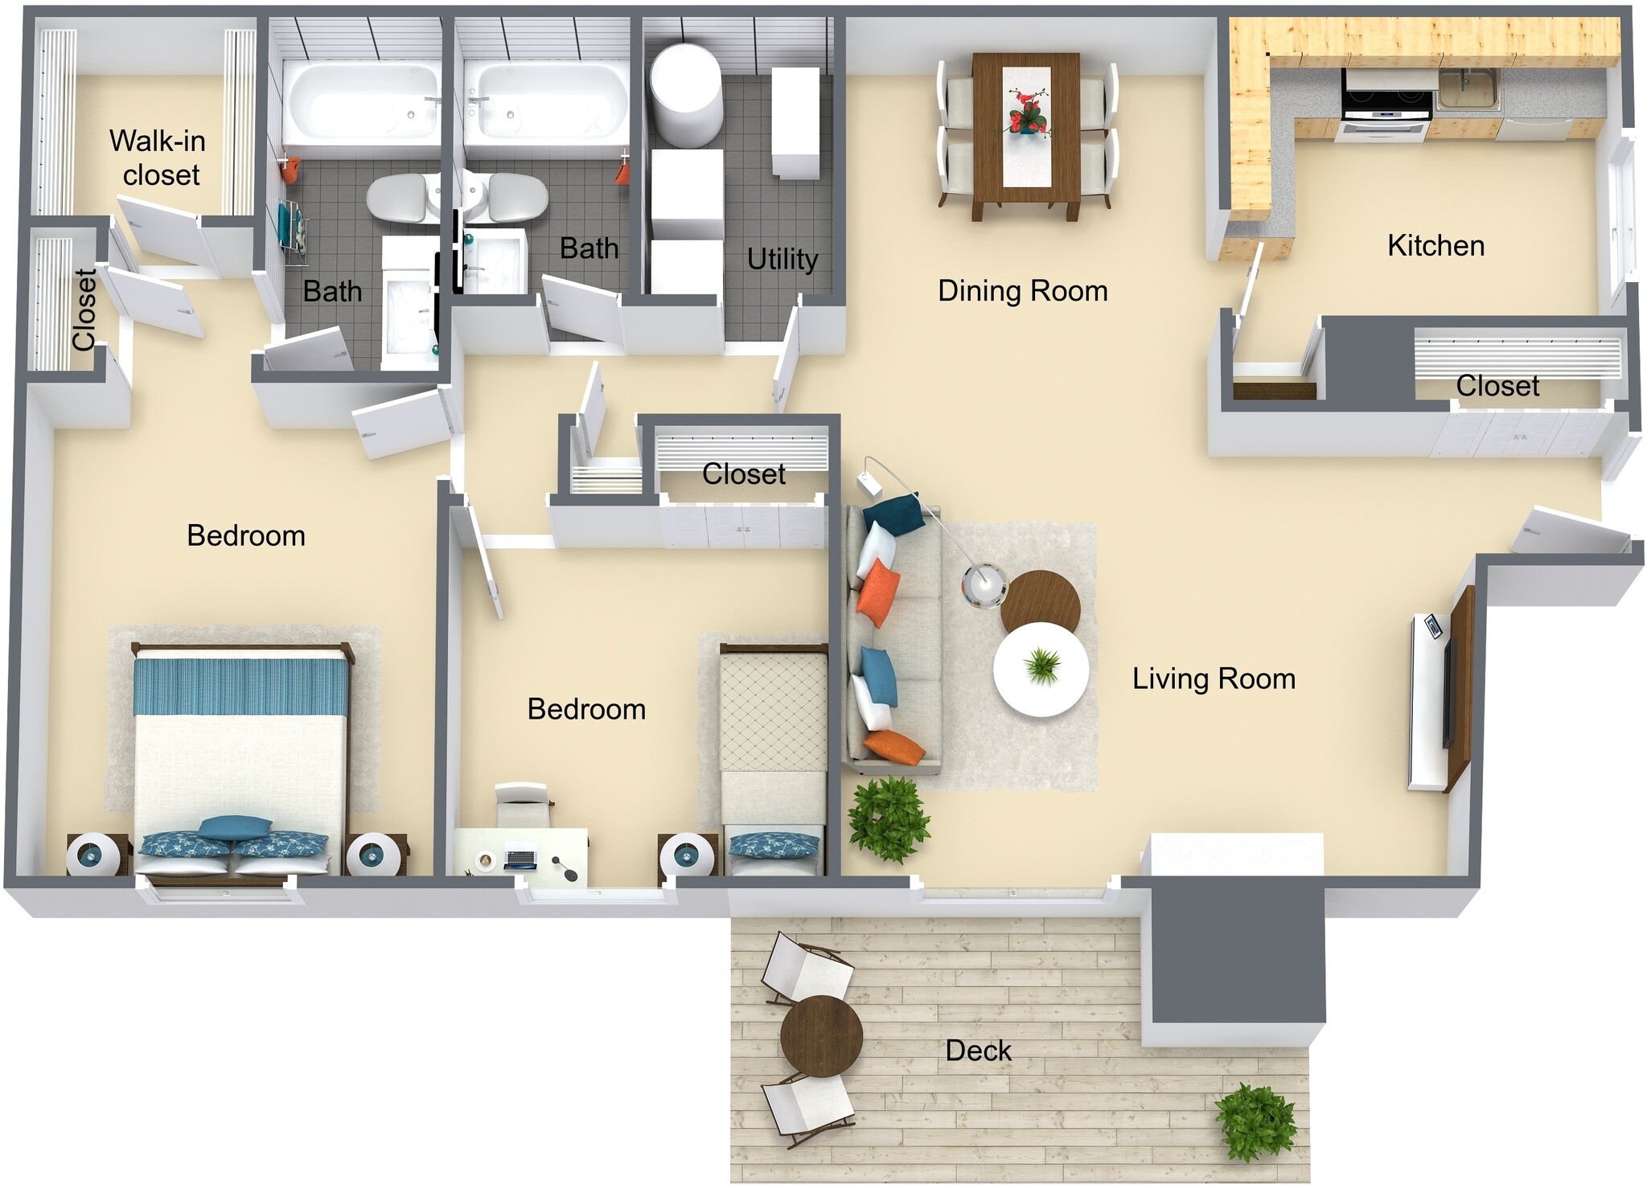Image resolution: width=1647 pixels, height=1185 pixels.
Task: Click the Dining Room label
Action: click(x=1022, y=290)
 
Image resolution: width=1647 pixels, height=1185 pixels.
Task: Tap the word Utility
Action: click(x=782, y=259)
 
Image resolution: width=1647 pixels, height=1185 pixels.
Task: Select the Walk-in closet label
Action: click(x=158, y=158)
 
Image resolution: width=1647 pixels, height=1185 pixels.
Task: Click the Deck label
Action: click(x=978, y=1050)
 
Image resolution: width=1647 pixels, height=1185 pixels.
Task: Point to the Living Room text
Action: click(x=1214, y=679)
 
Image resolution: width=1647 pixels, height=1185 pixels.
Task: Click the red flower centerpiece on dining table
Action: click(x=1026, y=113)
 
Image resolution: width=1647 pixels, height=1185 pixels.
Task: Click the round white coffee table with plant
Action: click(x=1041, y=669)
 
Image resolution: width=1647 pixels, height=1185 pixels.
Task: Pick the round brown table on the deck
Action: click(x=821, y=1036)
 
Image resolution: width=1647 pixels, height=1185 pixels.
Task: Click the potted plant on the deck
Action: click(x=1255, y=1122)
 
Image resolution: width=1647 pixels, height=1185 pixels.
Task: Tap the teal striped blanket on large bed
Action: click(x=241, y=686)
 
